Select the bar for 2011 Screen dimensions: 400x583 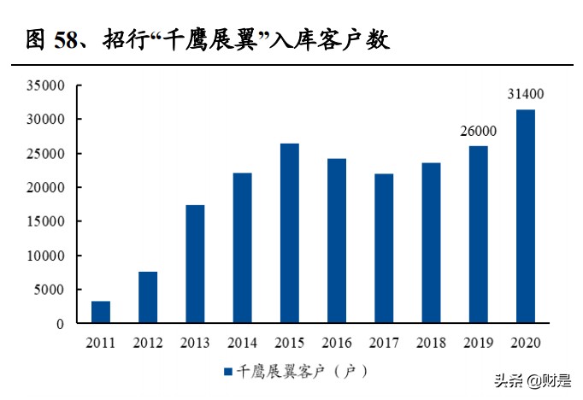click(x=101, y=313)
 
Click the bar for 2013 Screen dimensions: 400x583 click(x=195, y=265)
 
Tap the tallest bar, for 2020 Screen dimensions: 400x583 click(x=526, y=217)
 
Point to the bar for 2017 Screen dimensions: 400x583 click(x=384, y=249)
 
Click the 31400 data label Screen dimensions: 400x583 click(x=526, y=95)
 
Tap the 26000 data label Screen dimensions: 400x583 click(x=479, y=132)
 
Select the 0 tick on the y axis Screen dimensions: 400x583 click(x=61, y=324)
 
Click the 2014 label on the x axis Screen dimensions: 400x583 click(x=242, y=343)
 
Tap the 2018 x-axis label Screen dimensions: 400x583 click(x=431, y=343)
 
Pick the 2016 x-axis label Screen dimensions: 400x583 click(x=337, y=343)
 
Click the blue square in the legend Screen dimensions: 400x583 click(x=228, y=371)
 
